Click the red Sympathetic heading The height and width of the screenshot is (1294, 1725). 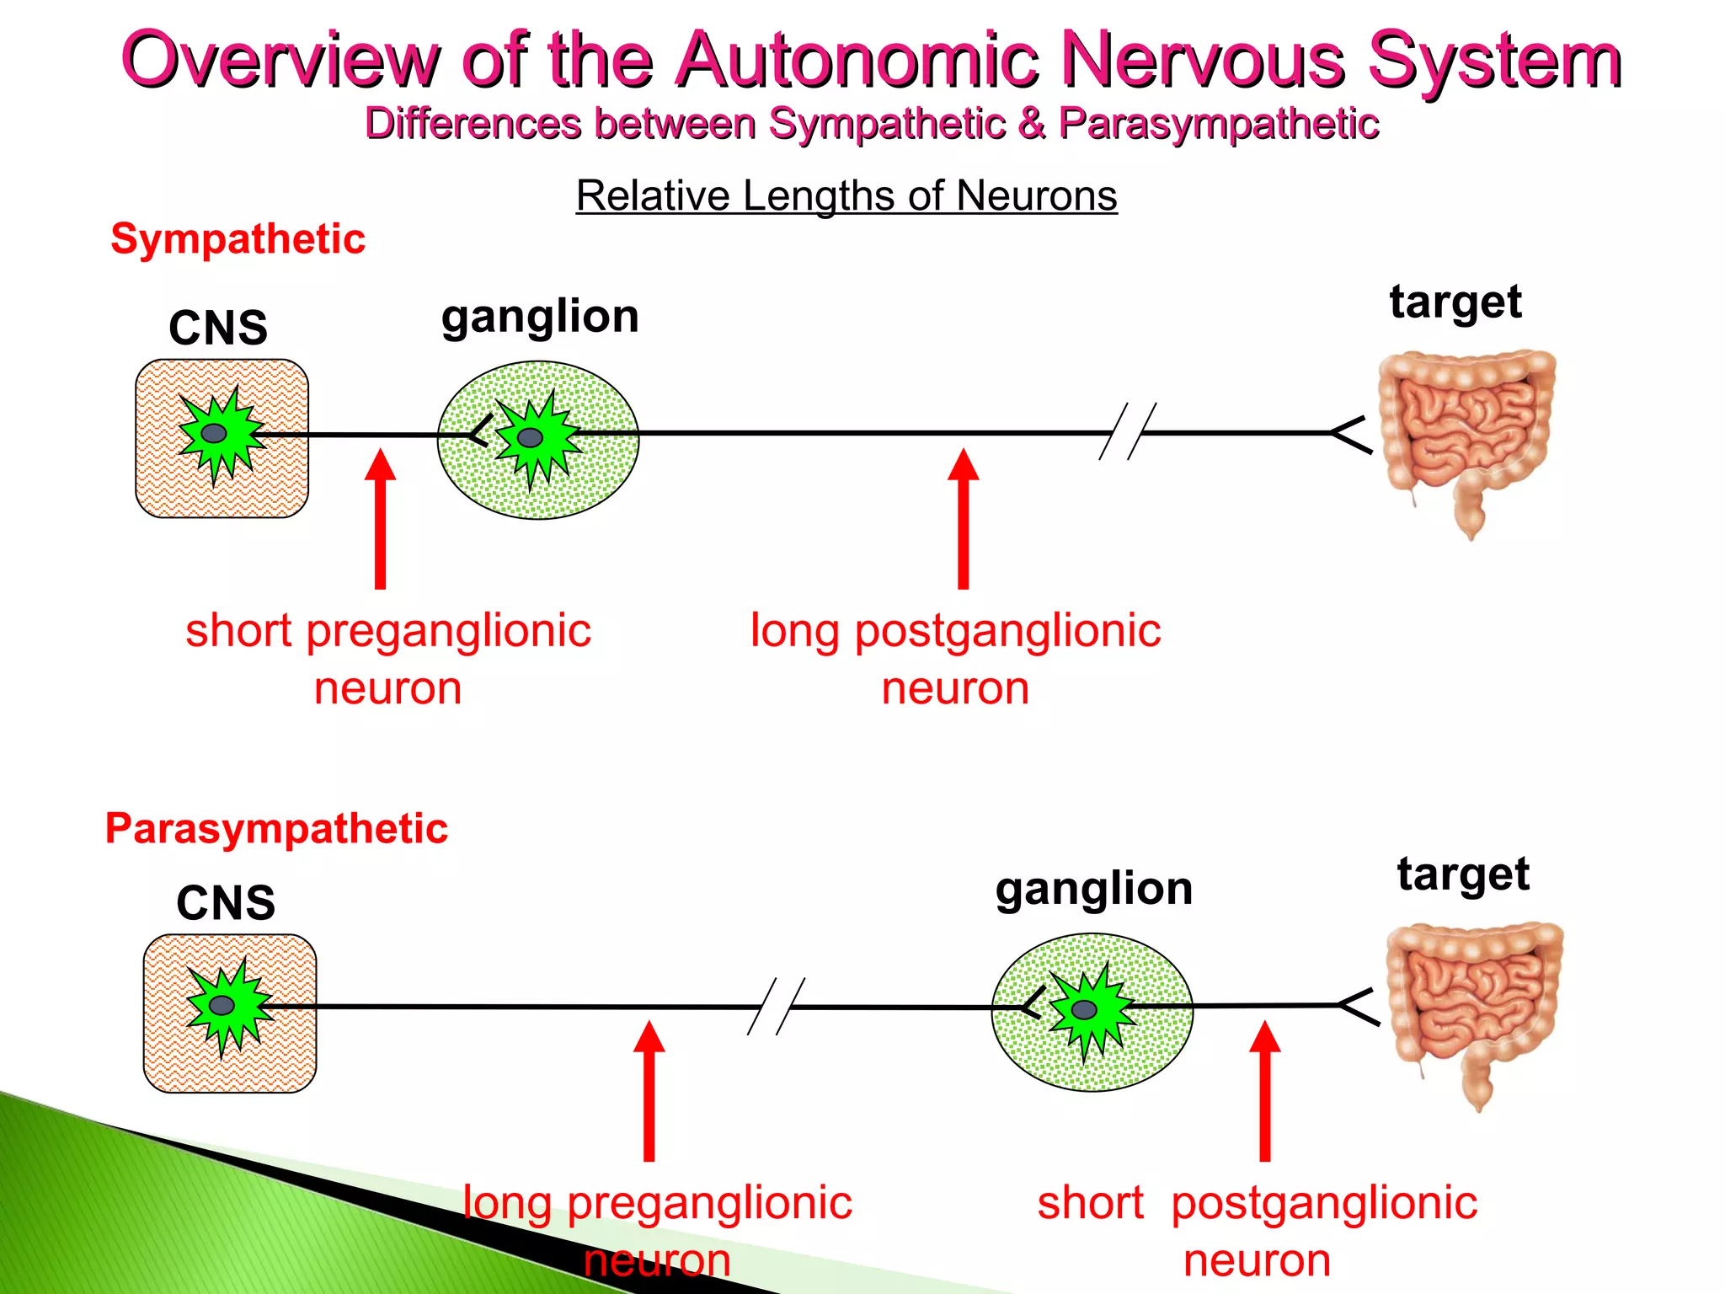click(x=238, y=239)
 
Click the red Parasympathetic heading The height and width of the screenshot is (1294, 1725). click(x=276, y=828)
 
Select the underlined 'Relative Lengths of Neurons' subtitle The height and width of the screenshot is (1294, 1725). click(x=846, y=195)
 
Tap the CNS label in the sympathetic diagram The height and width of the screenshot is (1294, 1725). click(x=218, y=328)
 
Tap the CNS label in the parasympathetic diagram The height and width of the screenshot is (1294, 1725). click(x=226, y=903)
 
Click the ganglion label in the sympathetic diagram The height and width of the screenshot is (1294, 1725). click(x=540, y=317)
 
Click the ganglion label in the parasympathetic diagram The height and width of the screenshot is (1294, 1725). click(x=1093, y=889)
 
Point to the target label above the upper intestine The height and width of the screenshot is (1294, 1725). click(x=1455, y=302)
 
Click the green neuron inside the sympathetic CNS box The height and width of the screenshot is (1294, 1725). click(x=217, y=434)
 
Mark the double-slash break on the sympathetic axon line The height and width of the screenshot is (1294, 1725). click(x=1127, y=431)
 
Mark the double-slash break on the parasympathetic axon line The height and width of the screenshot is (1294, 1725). click(x=777, y=1006)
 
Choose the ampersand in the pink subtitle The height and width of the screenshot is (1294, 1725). click(x=1031, y=124)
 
